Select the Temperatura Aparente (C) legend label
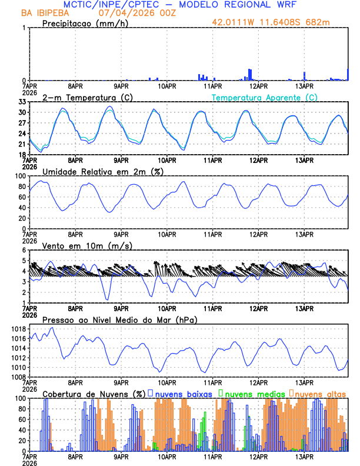[x=264, y=97]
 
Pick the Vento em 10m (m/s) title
[x=87, y=245]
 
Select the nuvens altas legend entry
[x=320, y=394]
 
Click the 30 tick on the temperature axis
[x=22, y=112]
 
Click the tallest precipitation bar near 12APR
[x=250, y=75]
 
